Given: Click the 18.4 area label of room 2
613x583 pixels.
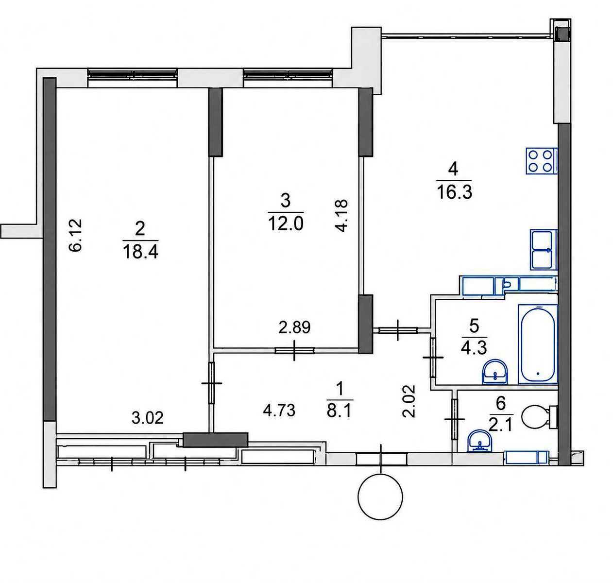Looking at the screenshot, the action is [141, 252].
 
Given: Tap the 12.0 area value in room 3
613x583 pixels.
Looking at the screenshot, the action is [286, 223].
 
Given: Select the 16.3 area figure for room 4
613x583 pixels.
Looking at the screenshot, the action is [454, 192].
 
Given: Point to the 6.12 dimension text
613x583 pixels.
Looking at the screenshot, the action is [75, 235].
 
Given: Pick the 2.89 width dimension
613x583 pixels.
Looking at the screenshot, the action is [294, 327].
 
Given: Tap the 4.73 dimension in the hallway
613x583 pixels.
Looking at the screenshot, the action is [279, 411].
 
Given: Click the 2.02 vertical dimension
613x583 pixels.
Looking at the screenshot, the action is [409, 401].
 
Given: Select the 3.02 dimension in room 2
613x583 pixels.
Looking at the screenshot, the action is [148, 418].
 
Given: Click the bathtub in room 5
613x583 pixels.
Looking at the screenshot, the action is [538, 344].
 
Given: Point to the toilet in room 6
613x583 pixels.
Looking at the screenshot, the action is [540, 417].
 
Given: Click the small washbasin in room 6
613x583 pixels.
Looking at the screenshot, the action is [480, 441].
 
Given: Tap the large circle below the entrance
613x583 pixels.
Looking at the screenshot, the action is [380, 497].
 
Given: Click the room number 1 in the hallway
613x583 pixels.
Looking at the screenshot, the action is [340, 389].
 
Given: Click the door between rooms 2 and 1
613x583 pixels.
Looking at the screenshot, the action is [212, 383].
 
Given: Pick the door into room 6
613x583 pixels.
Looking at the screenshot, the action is [455, 419].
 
